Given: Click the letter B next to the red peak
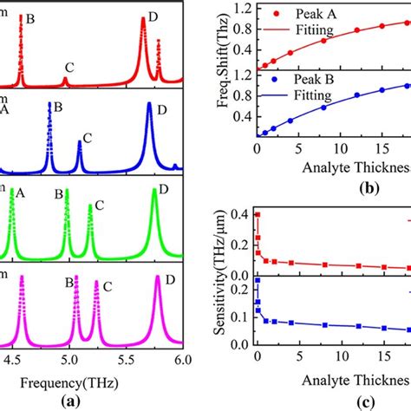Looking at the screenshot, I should click(x=30, y=16).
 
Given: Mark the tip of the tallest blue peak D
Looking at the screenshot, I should click(x=149, y=105).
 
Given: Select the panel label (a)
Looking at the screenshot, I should click(x=84, y=401).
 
